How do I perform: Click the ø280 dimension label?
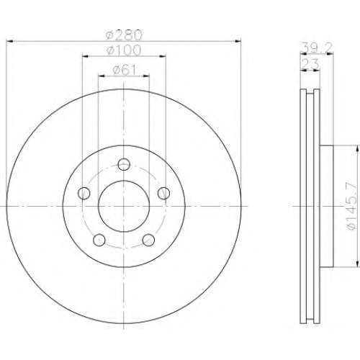[124, 35]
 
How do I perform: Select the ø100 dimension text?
[124, 50]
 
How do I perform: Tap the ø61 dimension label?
[125, 70]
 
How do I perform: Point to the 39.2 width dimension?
[317, 48]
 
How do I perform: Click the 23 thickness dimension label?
[310, 64]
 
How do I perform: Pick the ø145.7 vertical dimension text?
[352, 207]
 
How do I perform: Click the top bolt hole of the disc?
[124, 164]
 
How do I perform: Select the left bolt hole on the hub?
[84, 193]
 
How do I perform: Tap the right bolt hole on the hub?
[163, 193]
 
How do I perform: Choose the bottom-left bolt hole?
[99, 240]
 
